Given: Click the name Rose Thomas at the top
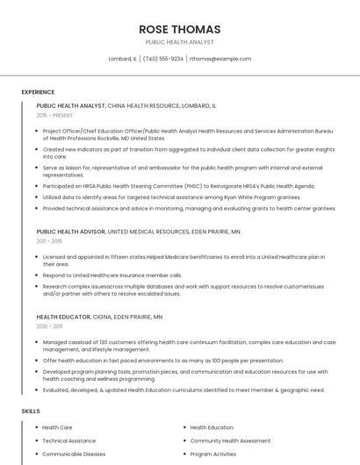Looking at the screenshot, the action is point(179,29).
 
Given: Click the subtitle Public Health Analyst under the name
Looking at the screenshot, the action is point(179,42).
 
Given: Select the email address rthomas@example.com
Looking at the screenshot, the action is point(220,59).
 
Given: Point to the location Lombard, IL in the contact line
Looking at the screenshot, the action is point(122,59).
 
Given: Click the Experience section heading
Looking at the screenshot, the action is point(38,91).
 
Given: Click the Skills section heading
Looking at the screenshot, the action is point(31,411).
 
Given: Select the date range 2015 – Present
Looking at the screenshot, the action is point(54,115).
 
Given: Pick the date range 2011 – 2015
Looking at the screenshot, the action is point(49,240).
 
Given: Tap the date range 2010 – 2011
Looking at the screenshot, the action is point(49,325).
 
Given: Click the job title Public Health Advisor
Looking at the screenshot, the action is point(70,232).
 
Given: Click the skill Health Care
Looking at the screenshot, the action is point(57,427).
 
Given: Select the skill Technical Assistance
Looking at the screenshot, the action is point(68,440).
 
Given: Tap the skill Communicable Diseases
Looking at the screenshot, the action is point(74,454).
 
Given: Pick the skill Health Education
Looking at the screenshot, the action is point(212,427).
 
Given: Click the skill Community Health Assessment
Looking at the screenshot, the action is point(230,440).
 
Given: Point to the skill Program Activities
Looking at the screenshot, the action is point(212,454).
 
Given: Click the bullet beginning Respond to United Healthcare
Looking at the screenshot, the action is point(112,275).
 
